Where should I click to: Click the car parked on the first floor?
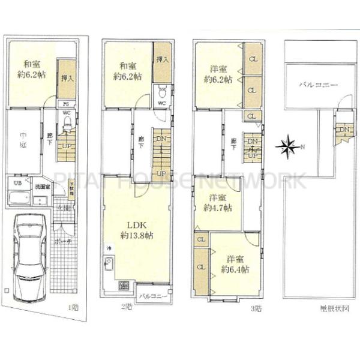point(26,259)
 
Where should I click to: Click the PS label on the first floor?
point(65,103)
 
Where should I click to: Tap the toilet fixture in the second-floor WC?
point(161,92)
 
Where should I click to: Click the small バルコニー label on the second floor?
point(153,296)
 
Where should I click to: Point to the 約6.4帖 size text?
point(234,269)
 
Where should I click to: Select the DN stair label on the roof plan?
point(344,130)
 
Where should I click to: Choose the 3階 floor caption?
point(256,308)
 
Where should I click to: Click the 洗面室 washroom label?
point(41,187)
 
